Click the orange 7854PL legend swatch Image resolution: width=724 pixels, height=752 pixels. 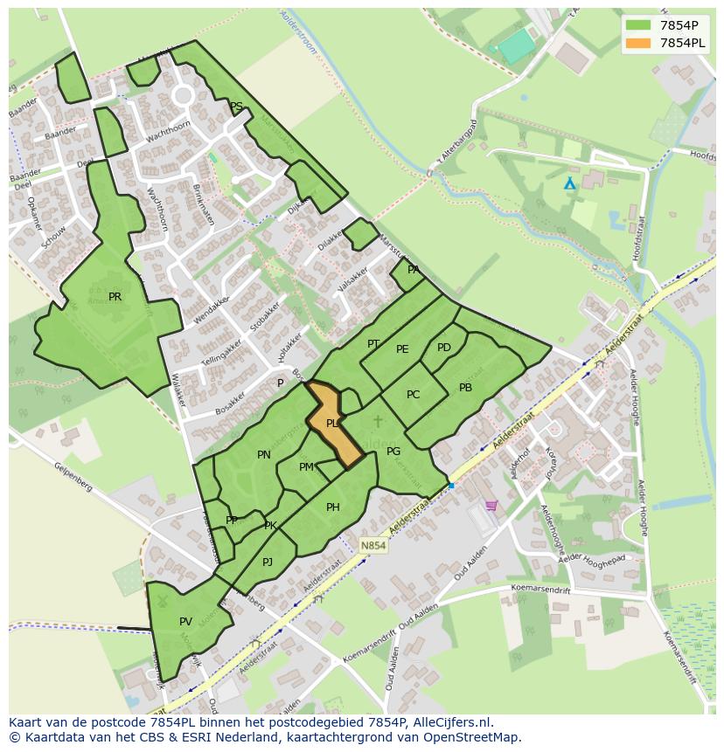(x=638, y=42)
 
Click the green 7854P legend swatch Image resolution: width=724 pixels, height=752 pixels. (x=638, y=24)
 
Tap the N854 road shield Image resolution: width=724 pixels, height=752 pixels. (x=372, y=546)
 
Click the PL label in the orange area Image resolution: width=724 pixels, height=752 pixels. (x=332, y=424)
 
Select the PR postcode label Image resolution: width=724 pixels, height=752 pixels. (x=115, y=297)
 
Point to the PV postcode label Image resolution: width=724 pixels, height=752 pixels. (x=185, y=622)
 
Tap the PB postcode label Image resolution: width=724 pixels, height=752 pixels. (x=465, y=388)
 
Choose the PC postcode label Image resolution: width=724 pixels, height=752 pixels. (x=413, y=395)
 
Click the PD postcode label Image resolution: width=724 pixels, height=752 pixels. (x=444, y=348)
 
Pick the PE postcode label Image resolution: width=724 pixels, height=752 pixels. (x=402, y=349)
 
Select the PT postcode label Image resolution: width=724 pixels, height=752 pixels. (x=373, y=344)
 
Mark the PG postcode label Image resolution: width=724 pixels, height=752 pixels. (x=393, y=452)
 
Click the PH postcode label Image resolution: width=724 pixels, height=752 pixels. (x=332, y=507)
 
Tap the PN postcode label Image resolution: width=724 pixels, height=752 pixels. (x=264, y=455)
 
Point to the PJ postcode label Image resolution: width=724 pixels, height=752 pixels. (x=268, y=562)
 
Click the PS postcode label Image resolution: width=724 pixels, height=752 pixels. (x=236, y=107)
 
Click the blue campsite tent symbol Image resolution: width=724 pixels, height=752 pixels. (x=570, y=183)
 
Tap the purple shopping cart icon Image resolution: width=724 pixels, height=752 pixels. (x=491, y=505)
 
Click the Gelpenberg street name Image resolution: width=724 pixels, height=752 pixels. (x=73, y=481)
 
